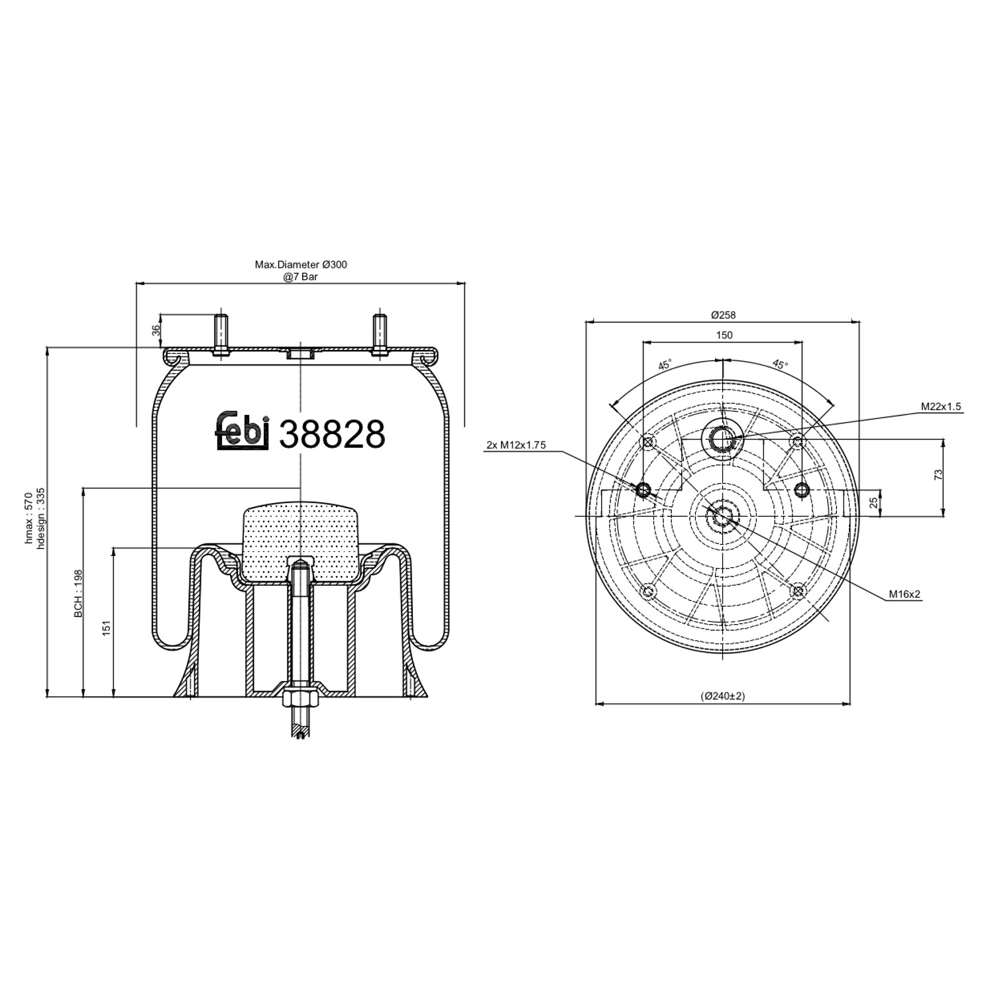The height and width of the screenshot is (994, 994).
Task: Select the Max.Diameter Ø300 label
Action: [301, 264]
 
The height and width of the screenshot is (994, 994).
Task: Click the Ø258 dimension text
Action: [724, 315]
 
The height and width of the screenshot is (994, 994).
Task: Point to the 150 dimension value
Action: [724, 335]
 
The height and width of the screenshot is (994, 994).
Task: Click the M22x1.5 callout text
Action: [940, 407]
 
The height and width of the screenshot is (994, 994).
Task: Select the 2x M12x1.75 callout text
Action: [516, 445]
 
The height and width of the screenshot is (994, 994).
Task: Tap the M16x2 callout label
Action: [906, 594]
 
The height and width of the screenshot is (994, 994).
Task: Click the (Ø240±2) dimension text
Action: [723, 696]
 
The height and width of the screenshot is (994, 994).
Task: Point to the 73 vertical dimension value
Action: [937, 474]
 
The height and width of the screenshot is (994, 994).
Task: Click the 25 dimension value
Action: [873, 502]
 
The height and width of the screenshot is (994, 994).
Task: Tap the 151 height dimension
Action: [106, 628]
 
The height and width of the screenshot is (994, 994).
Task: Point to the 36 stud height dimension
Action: [156, 329]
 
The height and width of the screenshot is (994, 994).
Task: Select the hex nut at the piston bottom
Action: [300, 699]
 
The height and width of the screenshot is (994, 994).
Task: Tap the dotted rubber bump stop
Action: [300, 540]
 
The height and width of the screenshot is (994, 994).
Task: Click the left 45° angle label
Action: [665, 364]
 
